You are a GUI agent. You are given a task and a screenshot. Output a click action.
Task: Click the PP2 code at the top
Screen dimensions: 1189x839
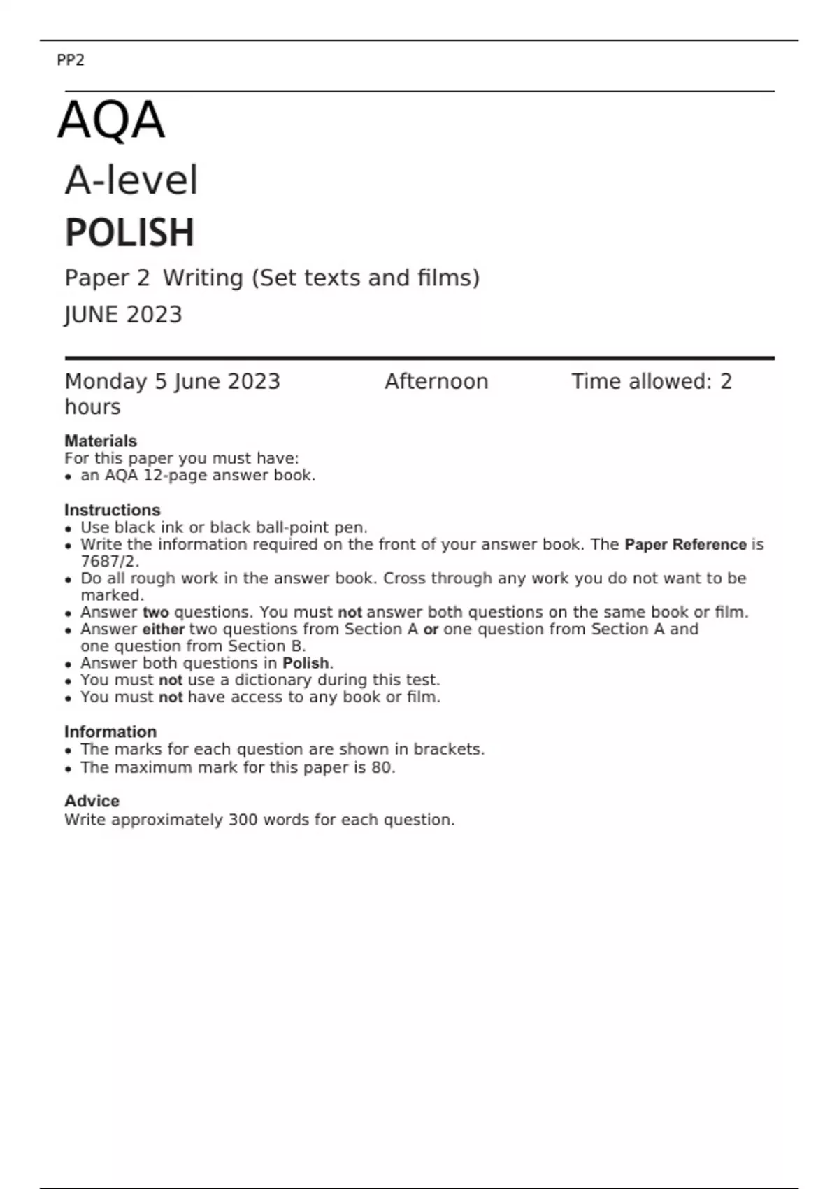point(70,60)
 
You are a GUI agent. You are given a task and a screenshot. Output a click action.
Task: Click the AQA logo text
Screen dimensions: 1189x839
point(111,120)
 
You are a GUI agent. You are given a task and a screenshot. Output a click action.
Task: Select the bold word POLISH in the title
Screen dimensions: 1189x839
point(129,233)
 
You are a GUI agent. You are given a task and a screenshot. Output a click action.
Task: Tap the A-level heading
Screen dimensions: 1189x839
point(131,180)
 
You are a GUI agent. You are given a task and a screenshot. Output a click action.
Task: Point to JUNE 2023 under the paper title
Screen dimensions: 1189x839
point(123,315)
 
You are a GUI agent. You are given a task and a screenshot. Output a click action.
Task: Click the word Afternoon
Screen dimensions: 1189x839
point(436,382)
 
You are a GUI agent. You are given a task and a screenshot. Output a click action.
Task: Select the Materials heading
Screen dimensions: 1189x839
point(101,441)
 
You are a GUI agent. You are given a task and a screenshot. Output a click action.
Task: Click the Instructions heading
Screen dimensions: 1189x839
point(113,510)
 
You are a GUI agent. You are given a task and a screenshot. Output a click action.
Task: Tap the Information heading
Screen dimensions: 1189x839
point(110,732)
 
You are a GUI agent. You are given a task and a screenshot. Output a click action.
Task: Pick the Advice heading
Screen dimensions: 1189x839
point(92,801)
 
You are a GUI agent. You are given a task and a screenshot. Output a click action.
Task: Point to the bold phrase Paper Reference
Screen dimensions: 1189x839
point(685,545)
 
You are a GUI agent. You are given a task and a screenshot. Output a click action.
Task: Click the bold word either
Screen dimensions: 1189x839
point(163,629)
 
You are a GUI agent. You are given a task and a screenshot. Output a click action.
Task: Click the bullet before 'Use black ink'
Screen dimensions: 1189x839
point(68,529)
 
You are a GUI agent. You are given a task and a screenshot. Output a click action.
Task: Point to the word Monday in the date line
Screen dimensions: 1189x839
point(106,382)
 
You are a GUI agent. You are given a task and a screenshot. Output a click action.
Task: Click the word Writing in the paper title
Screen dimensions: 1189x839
point(203,278)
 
